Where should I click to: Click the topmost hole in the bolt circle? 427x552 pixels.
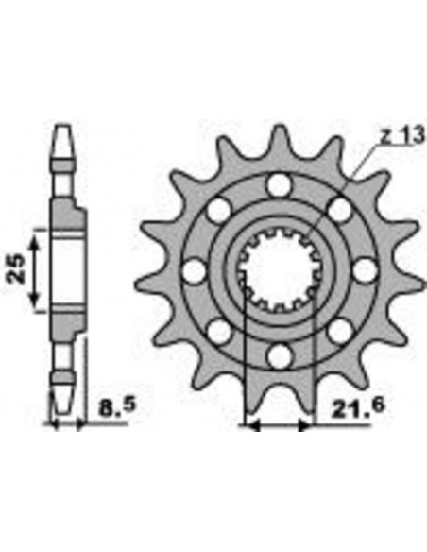click(278, 184)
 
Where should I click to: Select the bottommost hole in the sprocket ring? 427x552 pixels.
click(278, 357)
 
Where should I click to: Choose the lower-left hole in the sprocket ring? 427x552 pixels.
click(217, 332)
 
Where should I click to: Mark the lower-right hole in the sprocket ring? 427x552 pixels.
click(339, 332)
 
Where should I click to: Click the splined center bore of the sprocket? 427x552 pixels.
click(278, 271)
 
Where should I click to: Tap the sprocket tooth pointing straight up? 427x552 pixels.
click(279, 137)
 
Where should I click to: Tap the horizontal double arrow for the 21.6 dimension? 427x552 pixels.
click(278, 425)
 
